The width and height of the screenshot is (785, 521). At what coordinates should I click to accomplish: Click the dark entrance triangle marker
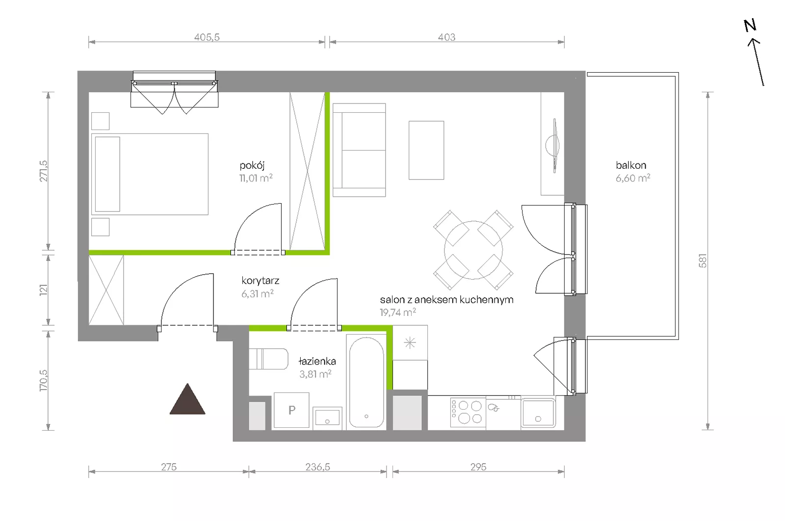187,400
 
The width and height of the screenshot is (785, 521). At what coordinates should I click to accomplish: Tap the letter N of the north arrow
750,26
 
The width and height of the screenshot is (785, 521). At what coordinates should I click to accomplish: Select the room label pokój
252,165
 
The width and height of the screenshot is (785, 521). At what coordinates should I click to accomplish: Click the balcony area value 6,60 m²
633,178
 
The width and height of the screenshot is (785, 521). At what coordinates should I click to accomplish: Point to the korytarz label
261,281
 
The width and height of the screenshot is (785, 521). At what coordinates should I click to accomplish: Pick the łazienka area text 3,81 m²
315,374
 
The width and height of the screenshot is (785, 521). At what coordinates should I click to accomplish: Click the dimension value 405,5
207,37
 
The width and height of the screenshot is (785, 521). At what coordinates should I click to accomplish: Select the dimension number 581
703,260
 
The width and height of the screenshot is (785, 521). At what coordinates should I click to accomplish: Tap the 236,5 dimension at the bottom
317,467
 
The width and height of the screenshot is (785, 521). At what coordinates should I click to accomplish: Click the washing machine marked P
291,410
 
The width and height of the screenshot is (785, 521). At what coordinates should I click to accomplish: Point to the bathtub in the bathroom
366,382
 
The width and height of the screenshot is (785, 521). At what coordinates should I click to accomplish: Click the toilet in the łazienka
268,359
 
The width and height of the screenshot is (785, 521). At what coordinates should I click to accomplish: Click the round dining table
473,250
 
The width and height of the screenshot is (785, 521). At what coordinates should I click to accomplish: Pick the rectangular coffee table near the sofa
426,150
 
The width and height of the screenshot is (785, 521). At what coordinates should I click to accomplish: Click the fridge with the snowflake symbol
410,342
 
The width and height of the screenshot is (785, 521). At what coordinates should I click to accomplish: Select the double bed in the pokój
150,174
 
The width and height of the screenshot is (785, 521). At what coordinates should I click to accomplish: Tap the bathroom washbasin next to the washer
327,417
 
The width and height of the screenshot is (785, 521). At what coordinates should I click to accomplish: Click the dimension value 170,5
44,380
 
